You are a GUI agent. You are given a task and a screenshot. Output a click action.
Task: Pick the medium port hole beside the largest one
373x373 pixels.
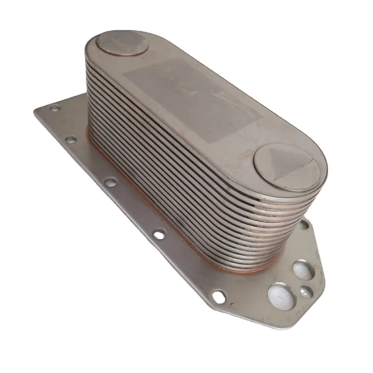coord(303,270)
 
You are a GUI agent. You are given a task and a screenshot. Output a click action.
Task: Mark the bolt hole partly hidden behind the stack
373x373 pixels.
coord(303,225)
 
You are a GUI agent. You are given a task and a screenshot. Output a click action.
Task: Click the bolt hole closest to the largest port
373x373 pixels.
coord(218,296)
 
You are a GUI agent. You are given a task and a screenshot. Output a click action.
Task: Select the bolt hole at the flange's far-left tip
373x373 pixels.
coord(54,108)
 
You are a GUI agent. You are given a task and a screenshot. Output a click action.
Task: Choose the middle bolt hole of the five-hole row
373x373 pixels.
coord(110,182)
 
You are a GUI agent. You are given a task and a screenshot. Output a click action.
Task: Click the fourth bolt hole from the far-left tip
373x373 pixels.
coord(159,233)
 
